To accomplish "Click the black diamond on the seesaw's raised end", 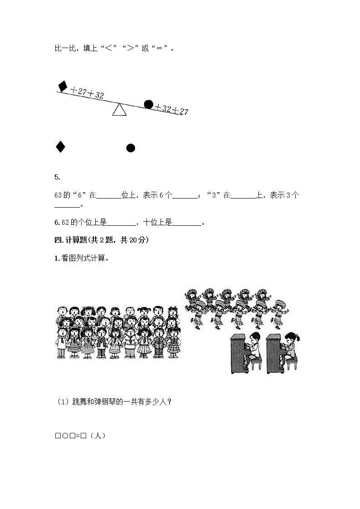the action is click(63, 86).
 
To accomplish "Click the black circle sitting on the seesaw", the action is click(148, 104).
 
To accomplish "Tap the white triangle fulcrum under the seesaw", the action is click(119, 110).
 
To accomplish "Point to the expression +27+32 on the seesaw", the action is click(87, 93).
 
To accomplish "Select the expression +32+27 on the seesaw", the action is click(171, 110).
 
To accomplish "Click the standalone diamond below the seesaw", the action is click(60, 147).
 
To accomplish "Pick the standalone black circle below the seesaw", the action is click(131, 148).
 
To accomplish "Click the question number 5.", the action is click(57, 177).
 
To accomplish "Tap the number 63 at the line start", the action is click(58, 195).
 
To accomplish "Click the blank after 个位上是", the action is click(122, 223).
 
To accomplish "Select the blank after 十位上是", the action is click(187, 223).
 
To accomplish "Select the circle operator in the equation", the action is click(65, 436).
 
